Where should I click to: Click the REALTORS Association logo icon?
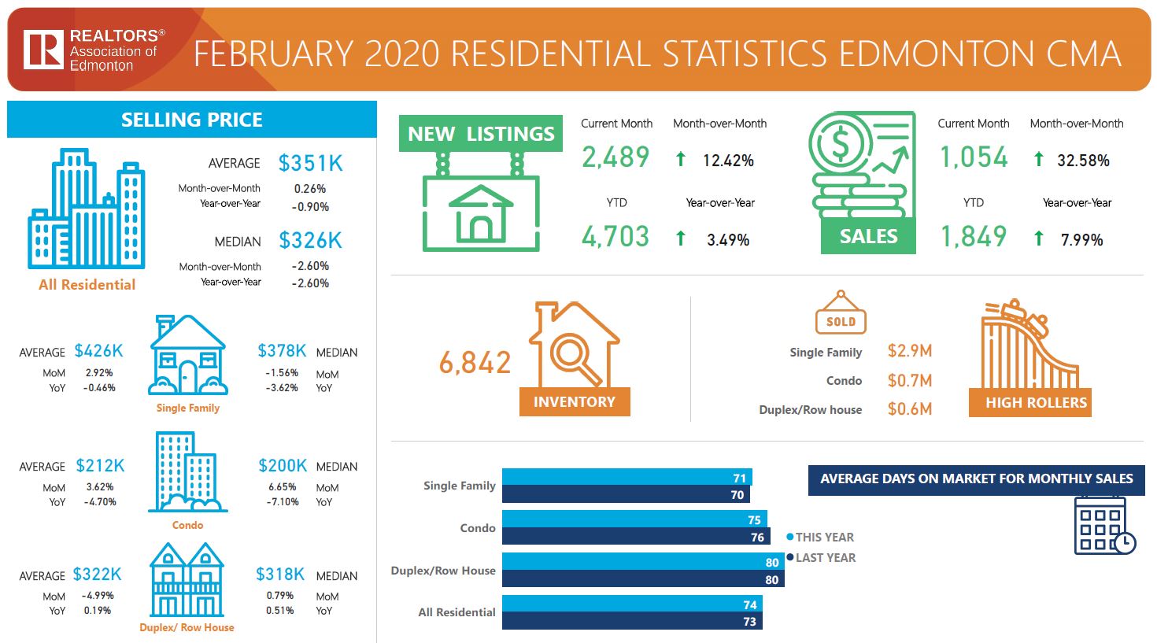click(43, 50)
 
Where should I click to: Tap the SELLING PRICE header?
click(191, 120)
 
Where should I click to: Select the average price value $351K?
click(311, 163)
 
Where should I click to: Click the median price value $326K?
click(311, 240)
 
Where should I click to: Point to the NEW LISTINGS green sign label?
click(480, 134)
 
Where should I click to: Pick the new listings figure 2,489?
click(615, 157)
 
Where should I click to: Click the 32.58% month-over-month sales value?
click(1083, 161)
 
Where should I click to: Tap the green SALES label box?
click(868, 236)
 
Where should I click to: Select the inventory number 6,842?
click(475, 363)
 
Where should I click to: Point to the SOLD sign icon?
click(841, 315)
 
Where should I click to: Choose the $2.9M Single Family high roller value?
click(909, 351)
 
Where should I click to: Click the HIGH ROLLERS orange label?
click(1036, 402)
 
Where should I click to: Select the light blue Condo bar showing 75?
click(634, 519)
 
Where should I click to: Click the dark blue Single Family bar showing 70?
click(626, 494)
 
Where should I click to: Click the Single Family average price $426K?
click(99, 351)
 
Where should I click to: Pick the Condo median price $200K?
click(283, 465)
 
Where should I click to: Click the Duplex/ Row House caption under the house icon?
click(187, 627)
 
